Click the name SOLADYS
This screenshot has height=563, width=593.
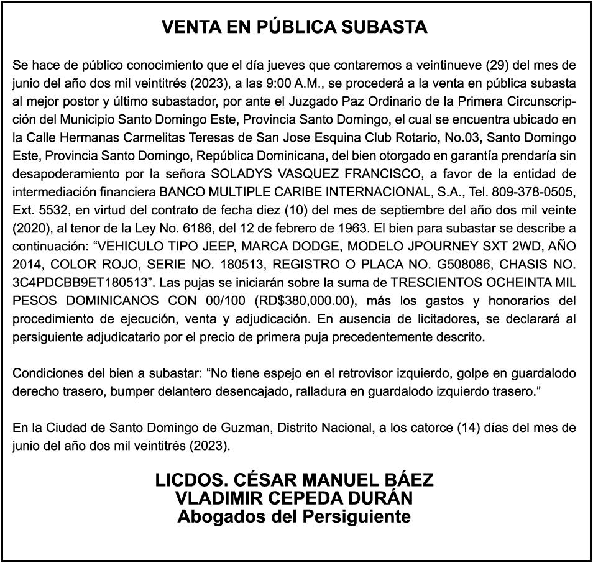point(238,173)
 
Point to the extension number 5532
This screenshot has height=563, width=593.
point(52,209)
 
